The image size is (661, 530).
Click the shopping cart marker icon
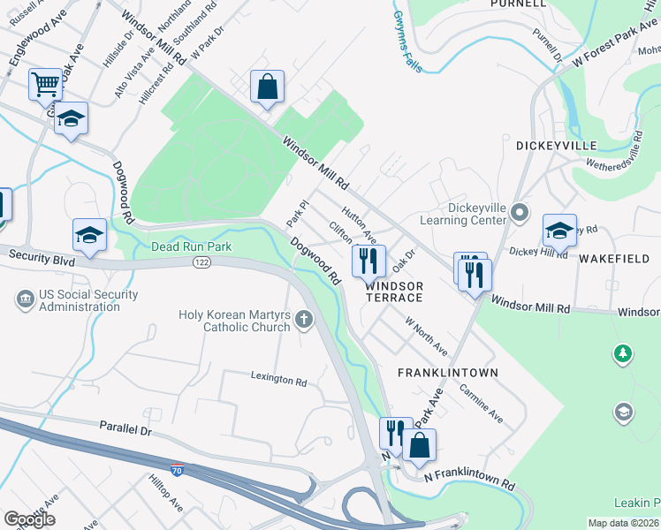(x=45, y=86)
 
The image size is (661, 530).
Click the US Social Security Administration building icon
(x=25, y=300)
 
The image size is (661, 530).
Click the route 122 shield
(x=201, y=262)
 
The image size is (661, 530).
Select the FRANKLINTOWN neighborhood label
(x=447, y=373)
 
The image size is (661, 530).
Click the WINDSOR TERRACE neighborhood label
(x=394, y=292)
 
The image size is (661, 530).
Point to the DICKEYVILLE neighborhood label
(x=557, y=145)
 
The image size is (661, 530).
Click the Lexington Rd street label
(x=278, y=382)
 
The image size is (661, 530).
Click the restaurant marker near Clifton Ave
(x=368, y=261)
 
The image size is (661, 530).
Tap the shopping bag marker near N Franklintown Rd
(x=420, y=445)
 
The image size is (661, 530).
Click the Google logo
(x=29, y=519)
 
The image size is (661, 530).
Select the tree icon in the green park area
(x=623, y=354)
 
